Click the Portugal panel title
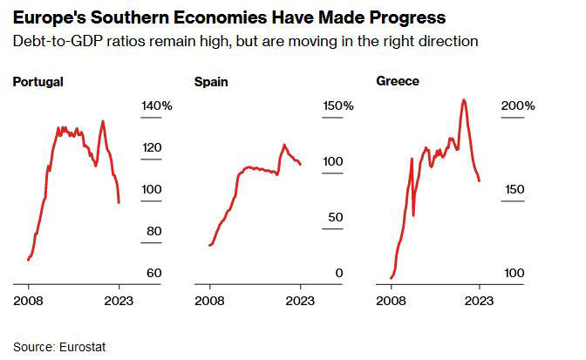click(37, 82)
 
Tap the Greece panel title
click(398, 81)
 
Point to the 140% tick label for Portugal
click(157, 105)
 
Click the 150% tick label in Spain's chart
click(337, 105)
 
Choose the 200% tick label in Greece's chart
click(518, 105)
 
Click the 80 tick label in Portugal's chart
click(153, 231)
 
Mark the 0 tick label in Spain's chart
click(340, 273)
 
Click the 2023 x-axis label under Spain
click(301, 302)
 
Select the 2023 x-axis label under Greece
click(480, 302)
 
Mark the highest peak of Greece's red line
click(463, 99)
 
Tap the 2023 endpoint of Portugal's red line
click(119, 202)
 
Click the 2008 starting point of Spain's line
click(209, 245)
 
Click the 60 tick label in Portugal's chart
click(153, 273)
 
